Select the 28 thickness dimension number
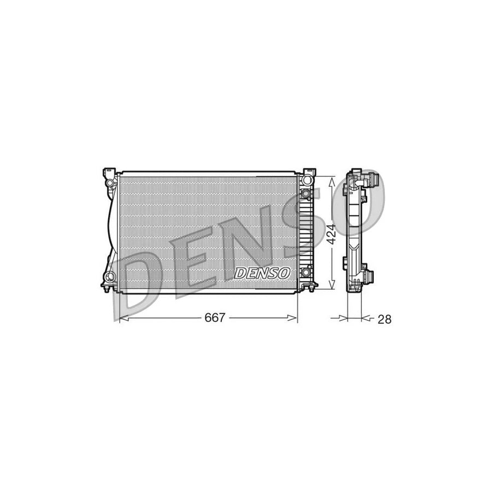point(384,319)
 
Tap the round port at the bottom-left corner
point(111,277)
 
